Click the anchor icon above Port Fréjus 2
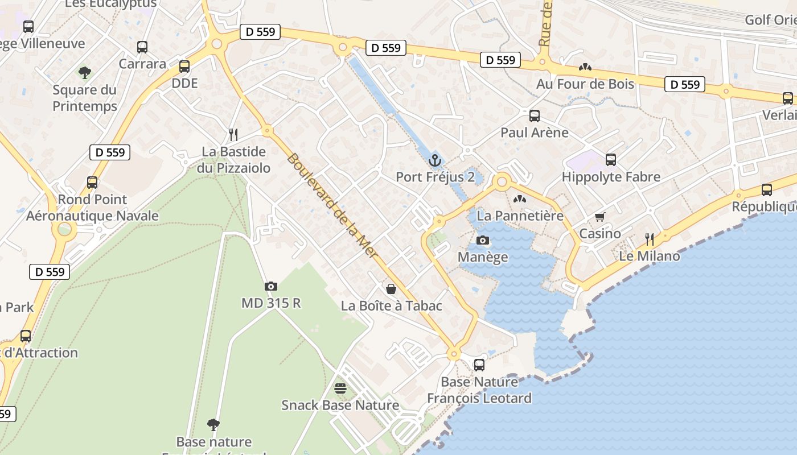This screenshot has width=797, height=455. tap(435, 160)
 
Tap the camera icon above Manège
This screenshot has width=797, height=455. tap(483, 241)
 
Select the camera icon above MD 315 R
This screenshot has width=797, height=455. tap(271, 286)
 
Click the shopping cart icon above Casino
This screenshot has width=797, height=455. tap(599, 217)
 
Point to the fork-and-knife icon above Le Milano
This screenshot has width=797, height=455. tap(649, 239)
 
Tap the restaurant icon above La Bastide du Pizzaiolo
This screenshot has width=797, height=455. tap(233, 135)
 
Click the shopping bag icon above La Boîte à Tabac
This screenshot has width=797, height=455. tap(391, 289)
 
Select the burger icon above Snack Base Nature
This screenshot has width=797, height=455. tap(340, 388)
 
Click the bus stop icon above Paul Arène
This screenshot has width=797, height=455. tap(534, 116)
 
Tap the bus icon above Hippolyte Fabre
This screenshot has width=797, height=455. tap(611, 160)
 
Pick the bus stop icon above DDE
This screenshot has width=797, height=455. tap(184, 67)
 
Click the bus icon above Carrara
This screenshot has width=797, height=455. tap(142, 47)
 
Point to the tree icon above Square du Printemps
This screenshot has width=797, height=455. tap(85, 73)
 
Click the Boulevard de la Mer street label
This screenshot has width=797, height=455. tap(332, 206)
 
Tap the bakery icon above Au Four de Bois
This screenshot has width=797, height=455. tap(585, 67)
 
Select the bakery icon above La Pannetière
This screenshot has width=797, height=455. tap(519, 199)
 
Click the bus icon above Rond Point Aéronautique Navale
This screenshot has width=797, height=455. tap(92, 183)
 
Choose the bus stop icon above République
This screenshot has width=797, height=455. tap(767, 190)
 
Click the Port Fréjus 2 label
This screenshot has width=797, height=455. tap(435, 177)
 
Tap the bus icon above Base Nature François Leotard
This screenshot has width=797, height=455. tap(479, 365)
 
